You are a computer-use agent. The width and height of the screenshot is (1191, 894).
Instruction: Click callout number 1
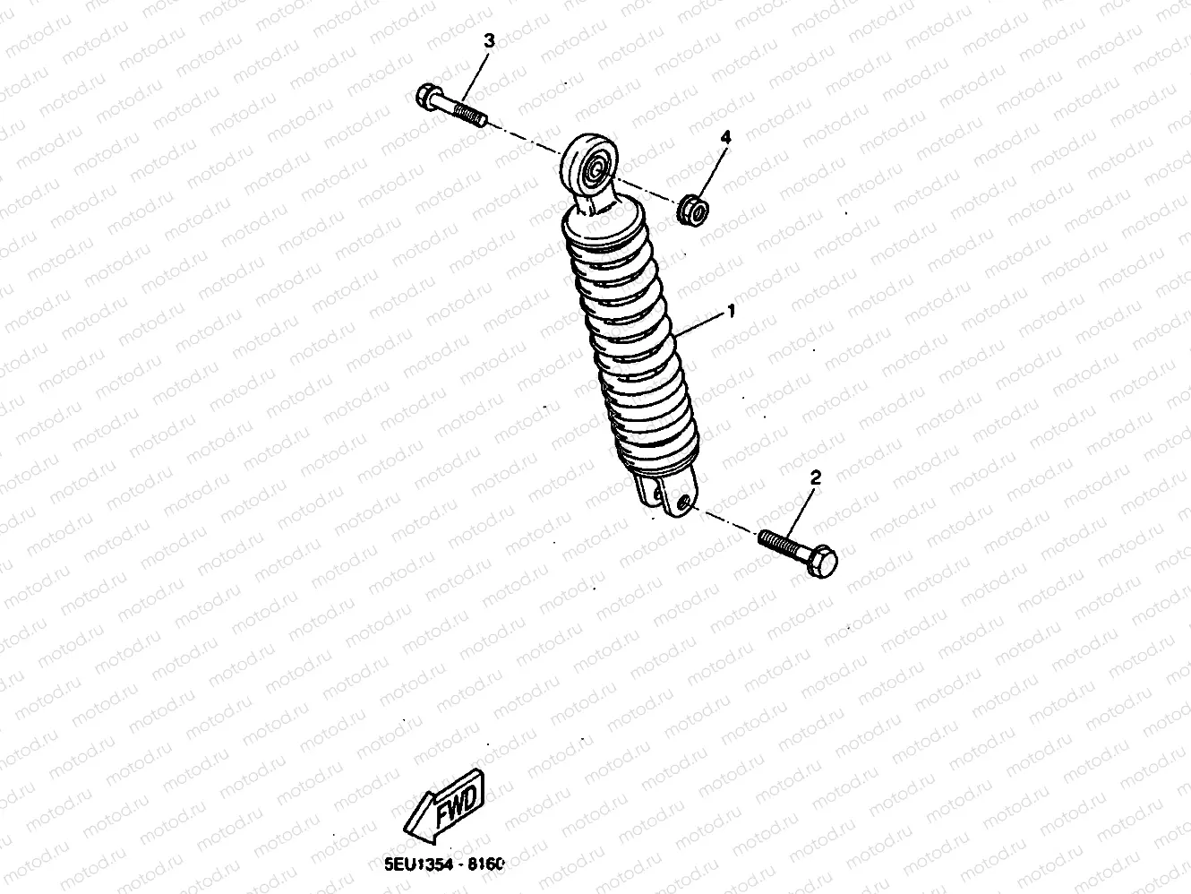[x=732, y=311]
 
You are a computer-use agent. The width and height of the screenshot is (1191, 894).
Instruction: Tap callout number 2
[x=815, y=477]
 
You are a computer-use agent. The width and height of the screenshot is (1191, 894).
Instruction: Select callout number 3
[x=489, y=40]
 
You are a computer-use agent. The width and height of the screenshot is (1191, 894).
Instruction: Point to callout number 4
[x=726, y=137]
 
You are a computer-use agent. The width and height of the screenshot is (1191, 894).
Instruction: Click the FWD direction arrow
[x=444, y=804]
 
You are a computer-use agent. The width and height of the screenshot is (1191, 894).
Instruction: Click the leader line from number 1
[x=703, y=323]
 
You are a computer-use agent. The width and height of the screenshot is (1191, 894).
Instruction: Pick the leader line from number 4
[x=713, y=170]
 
